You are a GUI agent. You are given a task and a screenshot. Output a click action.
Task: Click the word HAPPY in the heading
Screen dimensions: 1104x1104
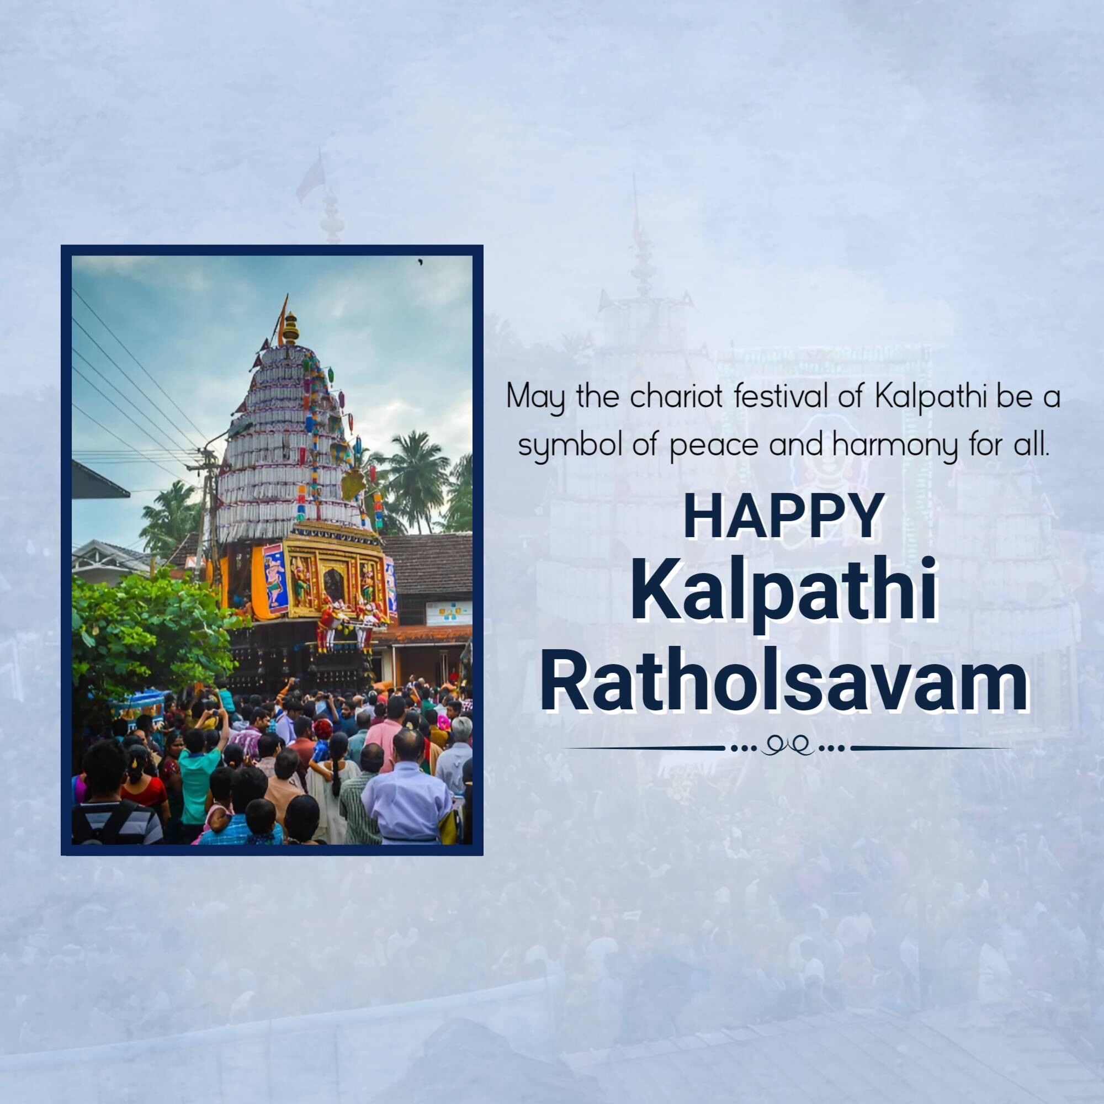tap(781, 519)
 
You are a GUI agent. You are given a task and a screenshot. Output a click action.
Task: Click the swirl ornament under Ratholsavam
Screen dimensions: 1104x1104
tap(787, 747)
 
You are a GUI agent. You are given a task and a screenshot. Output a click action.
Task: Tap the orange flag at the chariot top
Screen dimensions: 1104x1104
tap(281, 321)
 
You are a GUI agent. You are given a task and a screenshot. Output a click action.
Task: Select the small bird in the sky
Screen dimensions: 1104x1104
tap(421, 262)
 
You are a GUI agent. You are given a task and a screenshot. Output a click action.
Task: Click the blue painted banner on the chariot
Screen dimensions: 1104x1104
tap(275, 578)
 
